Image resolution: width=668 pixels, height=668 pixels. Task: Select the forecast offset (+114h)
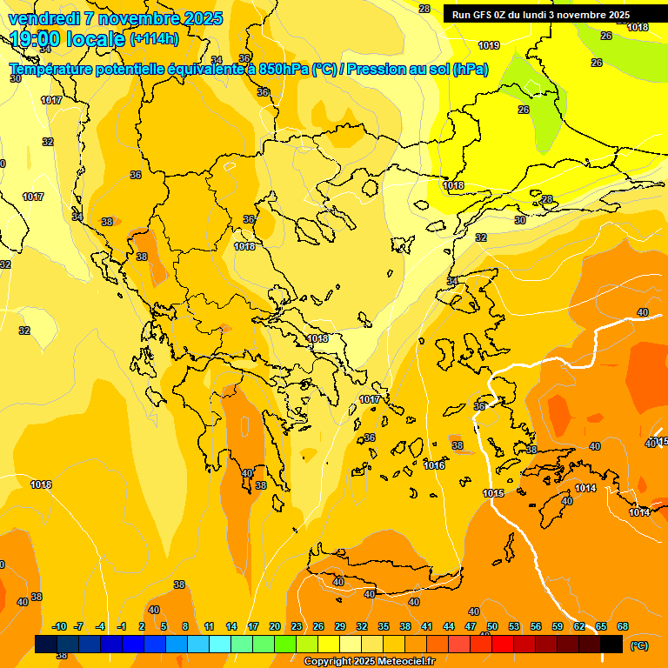point(154,39)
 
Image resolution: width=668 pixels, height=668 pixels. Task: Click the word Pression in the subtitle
point(376,70)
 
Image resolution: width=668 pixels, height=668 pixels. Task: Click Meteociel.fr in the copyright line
point(400,662)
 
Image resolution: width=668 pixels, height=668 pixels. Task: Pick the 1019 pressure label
point(489,45)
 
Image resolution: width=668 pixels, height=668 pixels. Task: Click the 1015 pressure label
point(493,493)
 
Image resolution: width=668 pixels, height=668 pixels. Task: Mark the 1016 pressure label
point(435,465)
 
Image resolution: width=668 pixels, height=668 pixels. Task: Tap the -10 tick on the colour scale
point(59,626)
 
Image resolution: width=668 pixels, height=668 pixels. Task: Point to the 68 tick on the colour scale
point(623,626)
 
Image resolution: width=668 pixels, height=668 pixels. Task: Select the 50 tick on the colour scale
point(492,626)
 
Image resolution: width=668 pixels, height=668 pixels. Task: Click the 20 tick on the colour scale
point(275,626)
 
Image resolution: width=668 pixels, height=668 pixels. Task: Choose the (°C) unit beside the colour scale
point(639,645)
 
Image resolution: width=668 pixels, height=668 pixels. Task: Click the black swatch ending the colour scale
point(611,644)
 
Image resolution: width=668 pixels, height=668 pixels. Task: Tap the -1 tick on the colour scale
point(122,626)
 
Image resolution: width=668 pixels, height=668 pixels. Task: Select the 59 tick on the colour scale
point(558,626)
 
